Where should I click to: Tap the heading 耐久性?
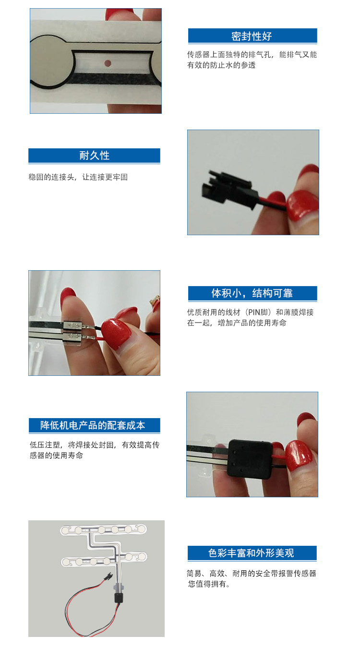(95, 156)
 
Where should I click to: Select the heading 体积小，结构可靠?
(252, 293)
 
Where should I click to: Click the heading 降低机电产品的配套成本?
(93, 425)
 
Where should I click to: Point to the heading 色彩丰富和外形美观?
(251, 553)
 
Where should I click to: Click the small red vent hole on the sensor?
(108, 63)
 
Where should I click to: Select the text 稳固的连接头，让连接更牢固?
(78, 177)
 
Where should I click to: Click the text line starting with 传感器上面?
(252, 55)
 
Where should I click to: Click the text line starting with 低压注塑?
(95, 445)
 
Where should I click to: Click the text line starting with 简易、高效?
(252, 574)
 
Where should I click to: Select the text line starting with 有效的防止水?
(221, 65)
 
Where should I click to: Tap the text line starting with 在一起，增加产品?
(237, 323)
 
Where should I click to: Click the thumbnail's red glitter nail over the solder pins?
(116, 333)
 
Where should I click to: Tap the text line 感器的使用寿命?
(57, 456)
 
